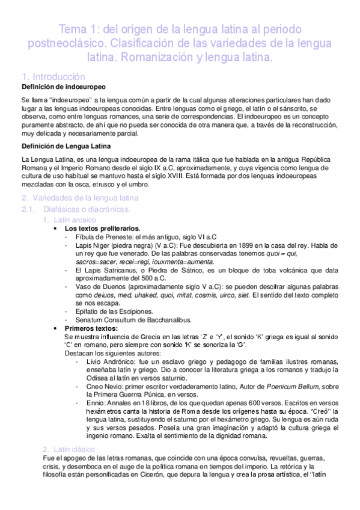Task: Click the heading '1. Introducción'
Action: click(53, 77)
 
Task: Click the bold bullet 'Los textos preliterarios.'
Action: click(103, 229)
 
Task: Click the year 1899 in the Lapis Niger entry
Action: click(231, 246)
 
